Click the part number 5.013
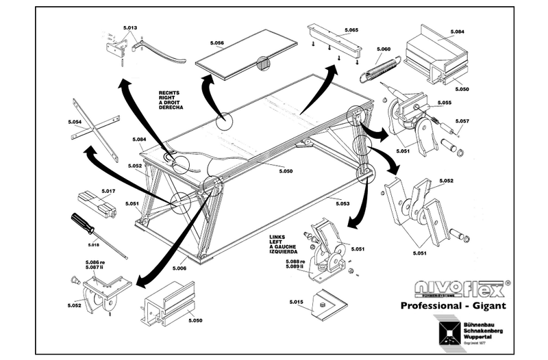tap(130, 28)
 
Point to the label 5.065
tap(351, 31)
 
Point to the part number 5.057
tap(462, 121)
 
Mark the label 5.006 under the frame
tap(179, 267)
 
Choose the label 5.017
tap(108, 190)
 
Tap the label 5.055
tap(443, 103)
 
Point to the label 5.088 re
tap(295, 262)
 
